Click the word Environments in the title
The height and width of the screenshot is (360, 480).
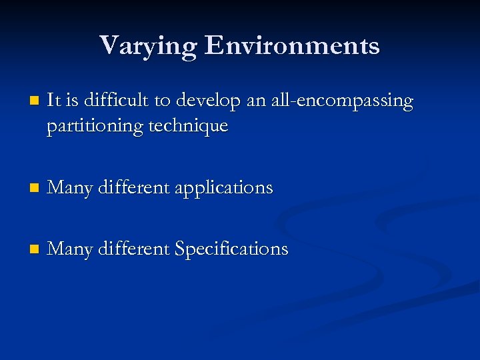click(x=293, y=45)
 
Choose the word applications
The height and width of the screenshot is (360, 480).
click(x=224, y=189)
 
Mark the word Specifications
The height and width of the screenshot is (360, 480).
click(x=231, y=249)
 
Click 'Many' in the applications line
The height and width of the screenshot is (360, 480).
click(x=70, y=189)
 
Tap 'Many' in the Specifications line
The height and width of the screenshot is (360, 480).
click(x=70, y=249)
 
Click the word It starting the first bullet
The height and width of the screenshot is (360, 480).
click(x=54, y=101)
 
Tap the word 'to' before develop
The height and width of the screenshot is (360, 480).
click(x=163, y=101)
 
